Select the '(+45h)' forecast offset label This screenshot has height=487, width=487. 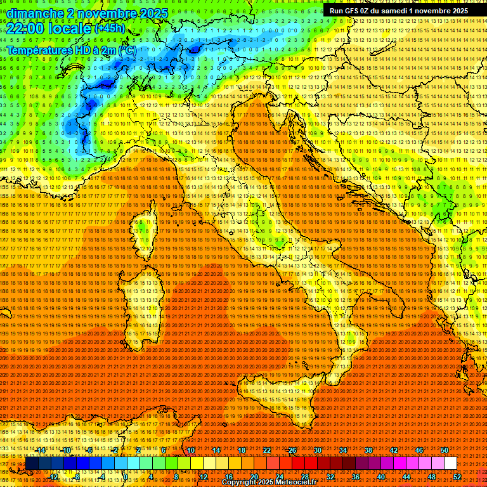(109, 28)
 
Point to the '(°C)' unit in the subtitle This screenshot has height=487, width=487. (126, 50)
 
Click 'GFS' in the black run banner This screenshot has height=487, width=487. (354, 11)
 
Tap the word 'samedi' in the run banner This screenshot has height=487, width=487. (393, 11)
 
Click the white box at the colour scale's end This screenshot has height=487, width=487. (450, 464)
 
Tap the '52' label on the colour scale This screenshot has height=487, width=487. (457, 477)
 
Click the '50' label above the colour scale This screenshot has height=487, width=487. (445, 450)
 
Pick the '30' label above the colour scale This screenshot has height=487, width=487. (318, 450)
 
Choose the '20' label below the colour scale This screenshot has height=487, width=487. (254, 477)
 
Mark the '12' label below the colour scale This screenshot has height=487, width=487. (204, 477)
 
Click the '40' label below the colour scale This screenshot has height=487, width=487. (381, 477)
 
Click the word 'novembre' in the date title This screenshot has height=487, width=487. (101, 13)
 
